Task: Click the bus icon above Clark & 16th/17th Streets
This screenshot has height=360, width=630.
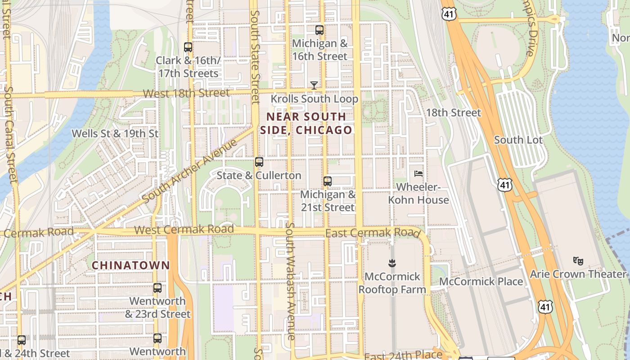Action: (x=188, y=47)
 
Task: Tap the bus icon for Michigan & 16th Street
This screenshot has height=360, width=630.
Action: (x=319, y=30)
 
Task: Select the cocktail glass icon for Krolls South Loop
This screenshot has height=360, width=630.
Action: (x=314, y=85)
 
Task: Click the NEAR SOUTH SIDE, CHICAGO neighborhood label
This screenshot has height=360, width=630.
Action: (x=306, y=123)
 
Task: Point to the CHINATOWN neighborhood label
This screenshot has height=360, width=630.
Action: (x=131, y=265)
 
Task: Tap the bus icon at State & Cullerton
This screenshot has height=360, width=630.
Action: (x=259, y=162)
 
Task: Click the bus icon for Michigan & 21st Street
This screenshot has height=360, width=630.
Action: (x=328, y=181)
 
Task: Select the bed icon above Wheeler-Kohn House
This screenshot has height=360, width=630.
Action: (x=418, y=173)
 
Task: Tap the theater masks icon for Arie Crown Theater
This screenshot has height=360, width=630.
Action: (x=578, y=260)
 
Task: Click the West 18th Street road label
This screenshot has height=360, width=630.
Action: (x=186, y=93)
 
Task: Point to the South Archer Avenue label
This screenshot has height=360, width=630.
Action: (x=189, y=171)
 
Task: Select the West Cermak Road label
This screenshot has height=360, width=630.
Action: (x=184, y=229)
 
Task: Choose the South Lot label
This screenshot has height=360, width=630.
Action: (x=518, y=140)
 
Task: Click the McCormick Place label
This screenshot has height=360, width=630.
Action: (x=481, y=282)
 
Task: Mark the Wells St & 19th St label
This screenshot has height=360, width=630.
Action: (x=115, y=134)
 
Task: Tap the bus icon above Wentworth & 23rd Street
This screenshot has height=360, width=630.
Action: (x=157, y=288)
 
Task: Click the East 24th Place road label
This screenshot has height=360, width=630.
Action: (x=403, y=355)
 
